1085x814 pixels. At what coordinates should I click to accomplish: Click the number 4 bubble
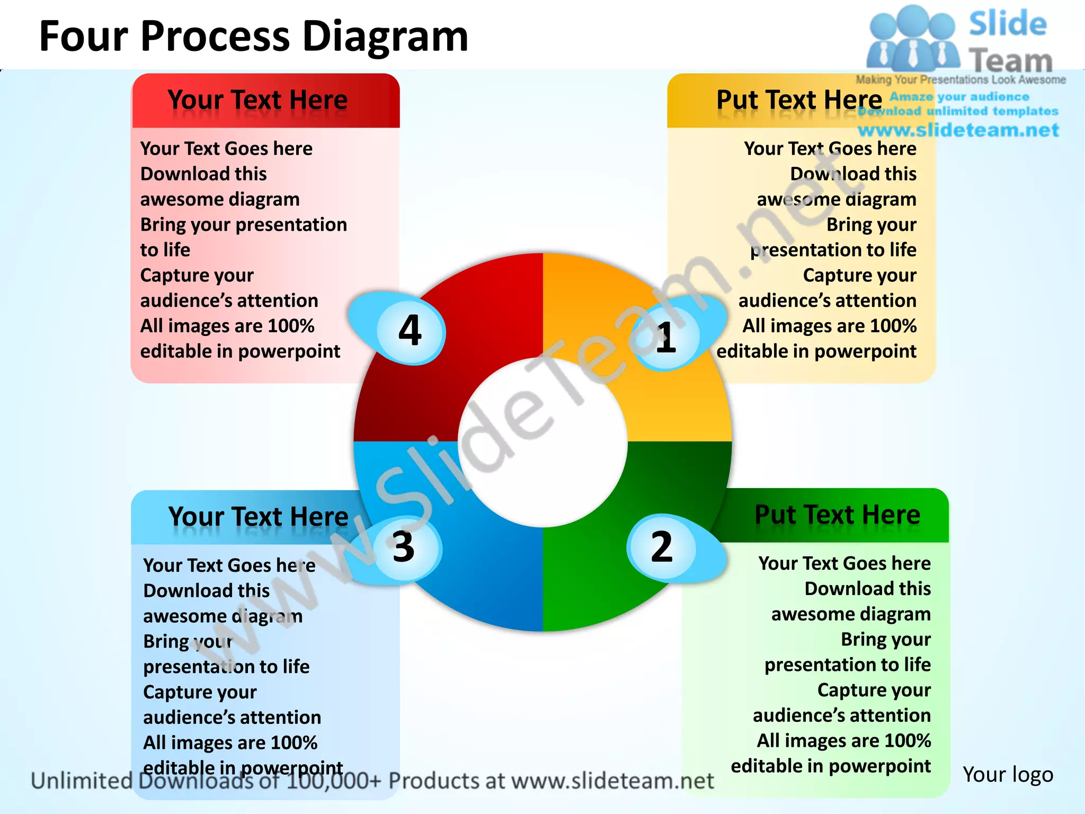point(411,331)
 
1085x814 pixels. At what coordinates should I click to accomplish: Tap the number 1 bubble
point(666,337)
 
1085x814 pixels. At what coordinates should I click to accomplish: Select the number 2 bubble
point(662,547)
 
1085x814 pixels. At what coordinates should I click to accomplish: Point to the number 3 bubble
point(404,547)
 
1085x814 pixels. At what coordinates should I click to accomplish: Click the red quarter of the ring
point(477,329)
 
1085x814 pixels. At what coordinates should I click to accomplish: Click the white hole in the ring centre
point(542,443)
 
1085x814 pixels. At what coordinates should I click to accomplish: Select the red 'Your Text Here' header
point(258,100)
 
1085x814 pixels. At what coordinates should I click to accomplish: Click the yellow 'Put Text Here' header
point(799,100)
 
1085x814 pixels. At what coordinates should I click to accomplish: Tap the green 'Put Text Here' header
point(837,515)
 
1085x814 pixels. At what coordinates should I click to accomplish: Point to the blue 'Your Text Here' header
point(258,517)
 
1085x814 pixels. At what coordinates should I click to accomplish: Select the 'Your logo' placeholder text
point(1008,774)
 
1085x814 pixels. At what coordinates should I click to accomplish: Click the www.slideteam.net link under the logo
point(958,130)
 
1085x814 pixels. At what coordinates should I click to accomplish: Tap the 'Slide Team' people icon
point(912,40)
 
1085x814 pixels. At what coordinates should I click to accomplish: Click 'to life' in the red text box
point(165,250)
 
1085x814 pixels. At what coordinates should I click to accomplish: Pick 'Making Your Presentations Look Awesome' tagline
point(961,79)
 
